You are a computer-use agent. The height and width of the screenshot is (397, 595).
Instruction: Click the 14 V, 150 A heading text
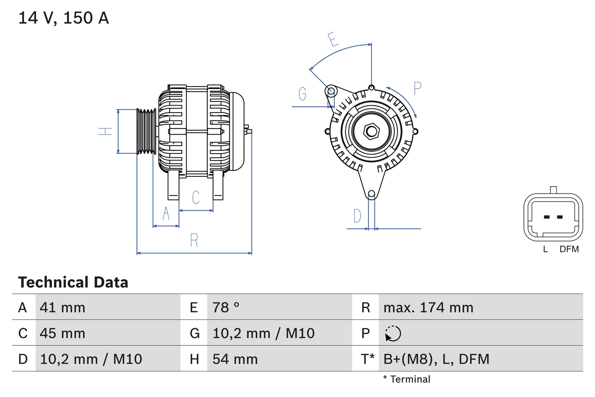64,18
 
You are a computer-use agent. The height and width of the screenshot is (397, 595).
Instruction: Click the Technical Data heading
73,282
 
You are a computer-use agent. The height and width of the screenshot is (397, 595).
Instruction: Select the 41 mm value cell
63,307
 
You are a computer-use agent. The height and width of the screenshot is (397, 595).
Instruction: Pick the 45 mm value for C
63,333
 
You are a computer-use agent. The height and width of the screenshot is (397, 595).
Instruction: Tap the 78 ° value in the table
226,307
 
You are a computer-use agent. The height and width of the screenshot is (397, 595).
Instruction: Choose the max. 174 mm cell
428,307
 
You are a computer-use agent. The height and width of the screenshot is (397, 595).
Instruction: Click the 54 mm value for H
235,359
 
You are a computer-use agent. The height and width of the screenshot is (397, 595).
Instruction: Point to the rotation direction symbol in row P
393,334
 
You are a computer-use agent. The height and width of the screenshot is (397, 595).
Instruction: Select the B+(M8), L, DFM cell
436,359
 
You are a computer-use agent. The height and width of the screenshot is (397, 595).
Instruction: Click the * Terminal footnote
407,379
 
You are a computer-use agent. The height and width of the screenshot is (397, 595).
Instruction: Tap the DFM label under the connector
569,249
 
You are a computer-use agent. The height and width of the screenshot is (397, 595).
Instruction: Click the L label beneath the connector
545,249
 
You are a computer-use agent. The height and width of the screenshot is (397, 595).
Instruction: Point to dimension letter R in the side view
194,241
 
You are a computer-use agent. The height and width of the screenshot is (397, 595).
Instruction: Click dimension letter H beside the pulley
106,131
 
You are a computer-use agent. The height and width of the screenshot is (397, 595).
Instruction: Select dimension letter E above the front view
332,40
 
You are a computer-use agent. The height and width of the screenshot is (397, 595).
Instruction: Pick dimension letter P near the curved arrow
417,88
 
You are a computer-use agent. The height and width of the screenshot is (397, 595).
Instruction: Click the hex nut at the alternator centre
370,131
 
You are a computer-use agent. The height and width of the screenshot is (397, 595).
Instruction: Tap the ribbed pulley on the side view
146,131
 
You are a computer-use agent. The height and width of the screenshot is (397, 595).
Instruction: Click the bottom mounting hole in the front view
371,194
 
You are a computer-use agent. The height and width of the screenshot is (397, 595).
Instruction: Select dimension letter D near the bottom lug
357,216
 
